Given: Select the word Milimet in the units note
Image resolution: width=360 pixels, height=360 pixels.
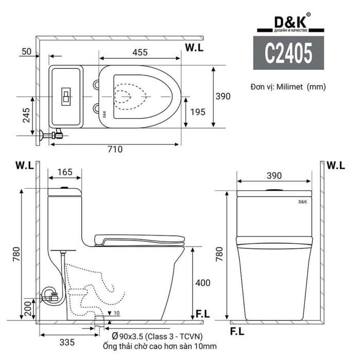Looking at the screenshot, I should tap(290, 87).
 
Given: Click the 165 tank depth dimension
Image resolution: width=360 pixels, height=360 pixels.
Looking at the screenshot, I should tap(64, 171).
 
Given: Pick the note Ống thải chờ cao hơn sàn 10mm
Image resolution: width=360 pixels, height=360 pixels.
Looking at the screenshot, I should tap(160, 347).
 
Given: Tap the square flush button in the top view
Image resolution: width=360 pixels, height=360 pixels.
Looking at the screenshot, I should tap(66, 96).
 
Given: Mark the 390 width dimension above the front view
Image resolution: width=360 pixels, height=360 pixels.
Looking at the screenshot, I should tap(274, 175).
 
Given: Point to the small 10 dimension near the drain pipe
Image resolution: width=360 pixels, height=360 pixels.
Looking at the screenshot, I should tap(117, 313).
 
